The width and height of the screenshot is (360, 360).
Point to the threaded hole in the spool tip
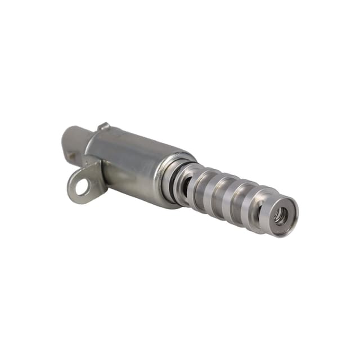click(280, 214)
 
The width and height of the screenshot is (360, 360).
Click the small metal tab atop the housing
click(103, 127)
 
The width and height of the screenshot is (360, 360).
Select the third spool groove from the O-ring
click(237, 201)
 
